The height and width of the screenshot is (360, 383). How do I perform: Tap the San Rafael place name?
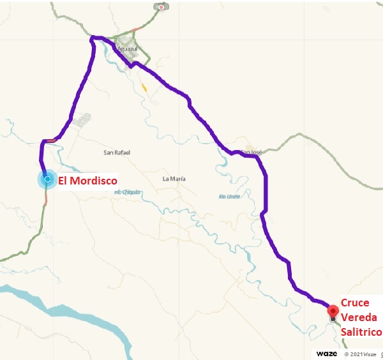tap(116, 153)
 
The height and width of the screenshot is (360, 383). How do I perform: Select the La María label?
tap(174, 179)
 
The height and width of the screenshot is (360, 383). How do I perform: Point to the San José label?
tap(250, 152)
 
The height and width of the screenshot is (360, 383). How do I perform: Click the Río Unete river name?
tap(229, 197)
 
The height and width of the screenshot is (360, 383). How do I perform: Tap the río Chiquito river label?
tap(127, 191)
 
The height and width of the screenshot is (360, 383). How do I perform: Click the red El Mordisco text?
tap(88, 181)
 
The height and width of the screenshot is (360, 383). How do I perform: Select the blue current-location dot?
tap(47, 179)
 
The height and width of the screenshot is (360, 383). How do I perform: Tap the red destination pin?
tap(333, 311)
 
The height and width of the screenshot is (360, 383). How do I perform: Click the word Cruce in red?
tap(355, 303)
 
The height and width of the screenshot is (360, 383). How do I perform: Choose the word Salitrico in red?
tap(361, 332)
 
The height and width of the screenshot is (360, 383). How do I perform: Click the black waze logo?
tap(327, 353)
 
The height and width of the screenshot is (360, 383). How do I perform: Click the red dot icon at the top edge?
tap(161, 8)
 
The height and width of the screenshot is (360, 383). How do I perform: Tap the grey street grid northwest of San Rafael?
tap(82, 120)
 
